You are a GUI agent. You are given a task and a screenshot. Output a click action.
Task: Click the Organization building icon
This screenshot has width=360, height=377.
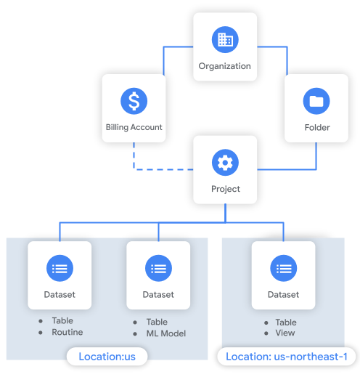point(225,40)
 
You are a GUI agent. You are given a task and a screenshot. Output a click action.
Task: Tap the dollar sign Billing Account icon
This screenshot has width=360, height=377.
point(134,101)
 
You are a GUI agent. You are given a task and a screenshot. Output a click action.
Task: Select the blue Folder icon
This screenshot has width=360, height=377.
point(316,101)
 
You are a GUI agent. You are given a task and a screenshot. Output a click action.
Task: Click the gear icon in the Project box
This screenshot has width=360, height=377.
point(225,163)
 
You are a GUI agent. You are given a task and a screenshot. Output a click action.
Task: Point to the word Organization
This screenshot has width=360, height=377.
point(225,66)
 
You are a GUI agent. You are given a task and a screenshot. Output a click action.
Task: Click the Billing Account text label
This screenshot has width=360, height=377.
point(134,127)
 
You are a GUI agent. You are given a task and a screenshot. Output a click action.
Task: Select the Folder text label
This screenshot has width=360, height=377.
point(317,127)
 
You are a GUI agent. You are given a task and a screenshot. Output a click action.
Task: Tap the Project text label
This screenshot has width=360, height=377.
point(225,189)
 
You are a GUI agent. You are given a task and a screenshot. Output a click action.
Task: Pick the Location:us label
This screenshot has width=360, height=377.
point(107,357)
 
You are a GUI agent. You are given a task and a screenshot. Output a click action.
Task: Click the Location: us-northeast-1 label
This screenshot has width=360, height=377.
point(287,357)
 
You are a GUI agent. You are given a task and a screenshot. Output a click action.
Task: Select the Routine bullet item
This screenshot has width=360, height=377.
point(67,332)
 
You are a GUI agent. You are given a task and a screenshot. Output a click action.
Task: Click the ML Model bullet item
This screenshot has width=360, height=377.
point(166,333)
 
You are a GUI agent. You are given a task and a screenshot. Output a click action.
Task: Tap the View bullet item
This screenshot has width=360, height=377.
point(285,333)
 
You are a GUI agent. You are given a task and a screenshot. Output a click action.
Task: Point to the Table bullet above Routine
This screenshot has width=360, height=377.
point(62,320)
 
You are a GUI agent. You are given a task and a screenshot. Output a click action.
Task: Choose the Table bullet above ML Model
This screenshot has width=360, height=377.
point(157,322)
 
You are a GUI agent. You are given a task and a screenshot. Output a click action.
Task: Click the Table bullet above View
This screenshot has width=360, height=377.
point(286,322)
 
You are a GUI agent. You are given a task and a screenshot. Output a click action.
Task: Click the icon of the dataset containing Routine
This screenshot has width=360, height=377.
point(60,269)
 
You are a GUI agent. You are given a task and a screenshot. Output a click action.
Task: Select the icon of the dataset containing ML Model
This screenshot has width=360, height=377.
point(158,269)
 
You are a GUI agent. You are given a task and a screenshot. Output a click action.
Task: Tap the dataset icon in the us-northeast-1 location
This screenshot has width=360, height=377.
point(283,269)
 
